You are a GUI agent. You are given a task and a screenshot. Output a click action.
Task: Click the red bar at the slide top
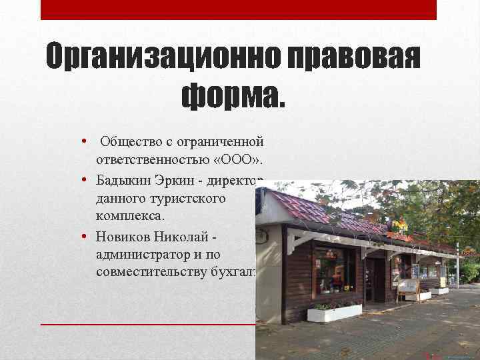pyautogui.click(x=239, y=9)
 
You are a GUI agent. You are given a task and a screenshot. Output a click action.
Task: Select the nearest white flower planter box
pyautogui.click(x=335, y=313)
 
